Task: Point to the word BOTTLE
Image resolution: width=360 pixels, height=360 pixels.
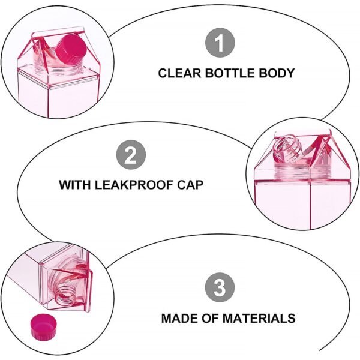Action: (230, 74)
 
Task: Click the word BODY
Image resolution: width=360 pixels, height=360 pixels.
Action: (277, 74)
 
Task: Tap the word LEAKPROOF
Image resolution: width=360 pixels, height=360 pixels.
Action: (136, 185)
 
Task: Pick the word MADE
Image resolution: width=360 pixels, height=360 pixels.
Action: (180, 319)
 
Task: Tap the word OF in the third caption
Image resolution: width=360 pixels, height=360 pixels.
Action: (214, 319)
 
